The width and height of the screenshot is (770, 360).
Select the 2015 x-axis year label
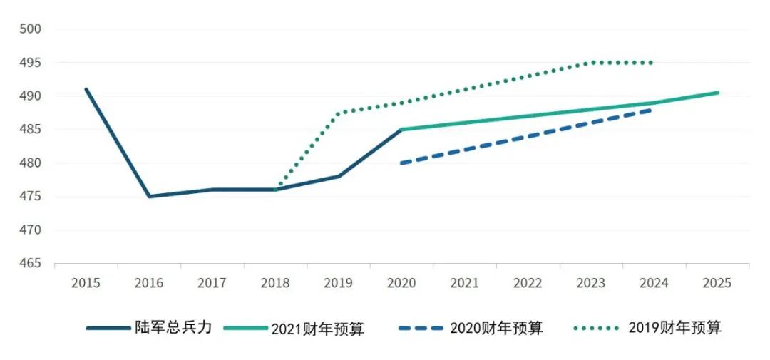86,283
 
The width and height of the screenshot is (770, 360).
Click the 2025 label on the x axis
717,283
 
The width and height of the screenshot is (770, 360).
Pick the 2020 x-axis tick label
401,283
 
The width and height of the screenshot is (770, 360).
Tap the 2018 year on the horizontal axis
275,283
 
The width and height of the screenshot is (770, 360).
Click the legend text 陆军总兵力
173,328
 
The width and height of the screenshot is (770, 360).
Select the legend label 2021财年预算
317,329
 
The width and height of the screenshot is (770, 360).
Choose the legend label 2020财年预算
496,328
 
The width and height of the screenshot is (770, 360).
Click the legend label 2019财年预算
674,328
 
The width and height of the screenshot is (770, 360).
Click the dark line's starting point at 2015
86,89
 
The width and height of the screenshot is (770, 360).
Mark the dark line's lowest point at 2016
149,196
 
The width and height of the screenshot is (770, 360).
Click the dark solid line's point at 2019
339,176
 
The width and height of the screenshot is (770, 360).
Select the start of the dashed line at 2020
401,163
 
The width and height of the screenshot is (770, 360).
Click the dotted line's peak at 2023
591,63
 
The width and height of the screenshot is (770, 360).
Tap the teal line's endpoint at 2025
717,93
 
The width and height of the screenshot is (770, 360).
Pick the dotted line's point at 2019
339,113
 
